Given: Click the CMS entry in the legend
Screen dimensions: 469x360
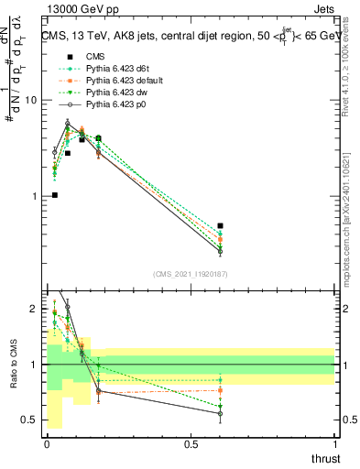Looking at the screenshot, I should click(x=95, y=56).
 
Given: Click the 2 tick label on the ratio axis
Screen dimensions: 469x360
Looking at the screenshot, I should click(x=35, y=310).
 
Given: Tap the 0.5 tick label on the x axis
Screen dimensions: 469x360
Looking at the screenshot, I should click(x=191, y=443).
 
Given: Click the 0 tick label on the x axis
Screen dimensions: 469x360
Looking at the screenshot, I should click(x=47, y=443).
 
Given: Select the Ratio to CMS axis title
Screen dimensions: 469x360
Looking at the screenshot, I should click(x=13, y=365).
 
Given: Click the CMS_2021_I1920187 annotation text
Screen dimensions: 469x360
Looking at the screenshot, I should click(x=190, y=273).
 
